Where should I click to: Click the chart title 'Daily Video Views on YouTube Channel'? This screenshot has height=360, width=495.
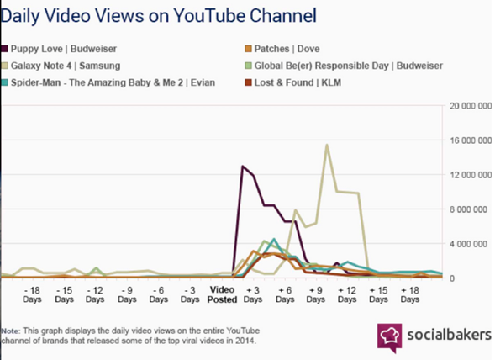coord(159,16)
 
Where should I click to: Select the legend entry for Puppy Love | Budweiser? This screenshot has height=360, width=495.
coord(59,49)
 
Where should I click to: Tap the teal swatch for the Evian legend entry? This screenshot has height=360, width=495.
coord(5,82)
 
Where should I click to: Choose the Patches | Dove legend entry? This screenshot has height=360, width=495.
coord(282,49)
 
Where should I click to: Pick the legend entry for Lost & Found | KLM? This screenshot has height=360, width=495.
coord(293,82)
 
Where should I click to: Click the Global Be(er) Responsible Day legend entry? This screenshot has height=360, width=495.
coord(344,66)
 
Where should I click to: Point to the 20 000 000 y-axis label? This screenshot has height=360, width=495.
coord(471,106)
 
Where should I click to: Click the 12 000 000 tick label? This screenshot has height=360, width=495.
coord(471,175)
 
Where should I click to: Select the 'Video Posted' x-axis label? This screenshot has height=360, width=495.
coord(222,294)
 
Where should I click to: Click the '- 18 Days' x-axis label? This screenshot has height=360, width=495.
coord(32,294)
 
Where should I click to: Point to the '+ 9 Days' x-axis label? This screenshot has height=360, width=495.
coord(315,294)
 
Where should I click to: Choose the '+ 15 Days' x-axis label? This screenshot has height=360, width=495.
coord(378,294)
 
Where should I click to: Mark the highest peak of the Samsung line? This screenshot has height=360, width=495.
coord(327,145)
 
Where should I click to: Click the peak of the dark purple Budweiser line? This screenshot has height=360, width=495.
coord(243,166)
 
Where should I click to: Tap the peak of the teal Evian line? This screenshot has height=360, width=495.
coord(274,239)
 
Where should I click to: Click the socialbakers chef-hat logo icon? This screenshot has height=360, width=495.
coord(390,337)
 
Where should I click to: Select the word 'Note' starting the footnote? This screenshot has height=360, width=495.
coord(10,331)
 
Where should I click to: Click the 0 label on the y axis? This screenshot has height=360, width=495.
coord(452,278)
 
